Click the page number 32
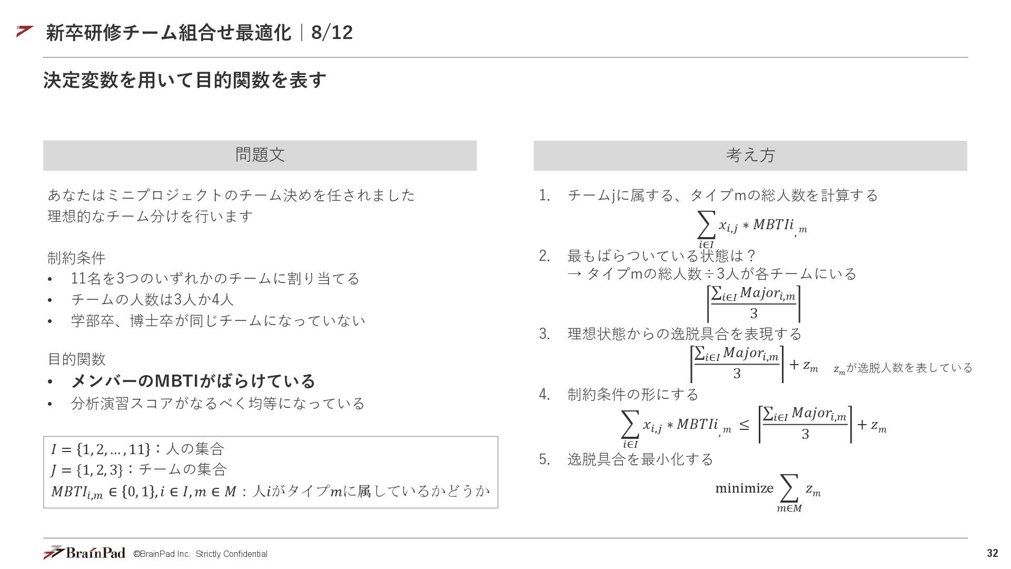tap(992, 553)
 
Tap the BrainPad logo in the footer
tap(84, 553)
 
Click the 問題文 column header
tap(260, 155)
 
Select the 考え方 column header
tap(750, 155)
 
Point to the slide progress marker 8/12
tap(332, 33)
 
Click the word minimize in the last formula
tap(744, 488)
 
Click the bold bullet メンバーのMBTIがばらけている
tap(193, 381)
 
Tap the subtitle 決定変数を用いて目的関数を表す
tap(185, 80)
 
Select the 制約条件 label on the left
tap(76, 258)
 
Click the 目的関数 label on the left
tap(76, 359)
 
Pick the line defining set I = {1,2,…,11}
tap(137, 449)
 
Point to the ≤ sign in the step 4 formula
tap(744, 425)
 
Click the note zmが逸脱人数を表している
tap(903, 368)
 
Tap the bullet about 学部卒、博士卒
tap(218, 321)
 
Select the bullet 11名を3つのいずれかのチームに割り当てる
tap(215, 279)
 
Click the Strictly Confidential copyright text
tap(200, 554)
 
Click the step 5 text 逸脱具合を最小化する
tap(640, 459)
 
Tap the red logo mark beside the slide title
tap(25, 32)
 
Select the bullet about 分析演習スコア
tap(217, 404)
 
